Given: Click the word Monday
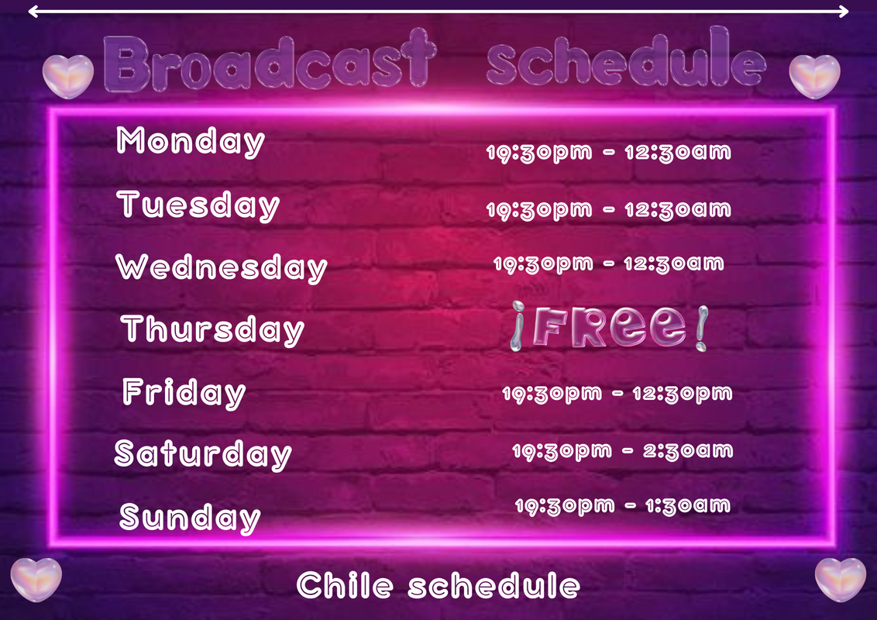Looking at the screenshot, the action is [x=190, y=141].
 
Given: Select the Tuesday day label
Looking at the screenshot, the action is [x=198, y=205].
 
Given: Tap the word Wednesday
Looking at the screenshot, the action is [x=222, y=267].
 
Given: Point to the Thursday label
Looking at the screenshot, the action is [x=212, y=329].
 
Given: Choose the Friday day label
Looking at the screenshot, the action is [x=184, y=392].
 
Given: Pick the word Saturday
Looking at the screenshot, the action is [x=203, y=454].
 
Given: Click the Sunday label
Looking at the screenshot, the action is [x=190, y=517].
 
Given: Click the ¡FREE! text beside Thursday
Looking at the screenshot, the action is [x=609, y=327].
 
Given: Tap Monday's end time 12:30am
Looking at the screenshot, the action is [x=678, y=152].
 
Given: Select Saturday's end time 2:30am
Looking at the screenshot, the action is [x=688, y=450].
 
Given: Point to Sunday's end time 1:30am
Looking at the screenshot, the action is [x=688, y=506].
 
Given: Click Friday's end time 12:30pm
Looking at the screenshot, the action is [x=683, y=394].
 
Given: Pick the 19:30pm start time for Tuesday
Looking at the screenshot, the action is [x=539, y=210].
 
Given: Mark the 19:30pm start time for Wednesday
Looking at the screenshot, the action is [x=543, y=263].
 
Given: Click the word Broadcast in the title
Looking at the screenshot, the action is [x=270, y=61].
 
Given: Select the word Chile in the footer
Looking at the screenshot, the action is [x=345, y=585].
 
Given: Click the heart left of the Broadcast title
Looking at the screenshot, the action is [x=67, y=76].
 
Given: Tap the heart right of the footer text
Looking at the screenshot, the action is [x=840, y=580].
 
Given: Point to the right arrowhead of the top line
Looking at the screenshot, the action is [x=844, y=11].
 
